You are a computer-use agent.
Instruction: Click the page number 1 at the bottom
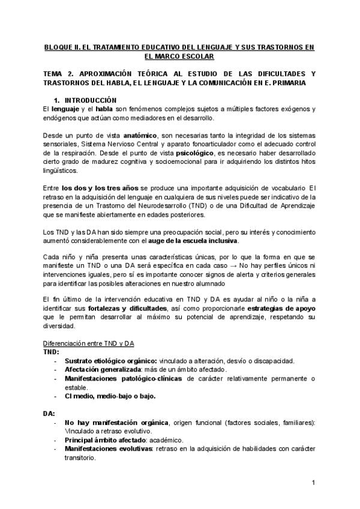tap(313, 483)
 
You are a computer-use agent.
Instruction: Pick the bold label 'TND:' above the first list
tap(51, 352)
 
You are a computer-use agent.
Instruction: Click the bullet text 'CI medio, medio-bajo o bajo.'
tap(106, 396)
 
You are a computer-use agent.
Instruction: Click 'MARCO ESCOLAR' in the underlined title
tap(180, 56)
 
